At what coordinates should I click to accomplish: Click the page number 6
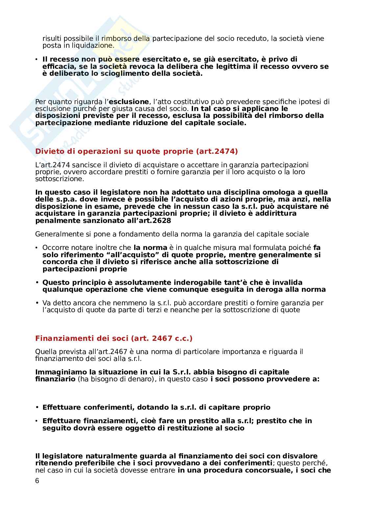(37, 480)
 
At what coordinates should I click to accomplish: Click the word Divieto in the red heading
(48, 151)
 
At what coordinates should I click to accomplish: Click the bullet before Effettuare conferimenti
(37, 407)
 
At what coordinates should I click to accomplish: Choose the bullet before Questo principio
(37, 283)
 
